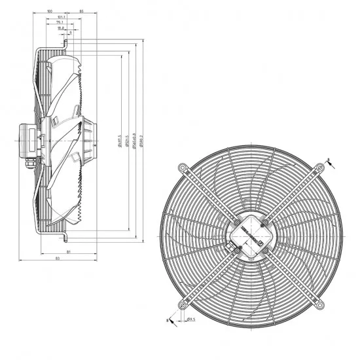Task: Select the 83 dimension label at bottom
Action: pos(59,260)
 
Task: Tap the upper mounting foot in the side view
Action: pos(65,45)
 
